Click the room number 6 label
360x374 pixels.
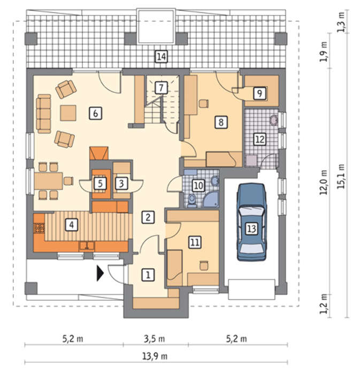96,113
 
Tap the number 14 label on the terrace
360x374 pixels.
161,57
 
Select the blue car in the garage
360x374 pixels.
251,222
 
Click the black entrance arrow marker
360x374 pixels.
100,273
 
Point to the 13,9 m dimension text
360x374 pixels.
155,356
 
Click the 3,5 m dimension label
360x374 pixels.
154,339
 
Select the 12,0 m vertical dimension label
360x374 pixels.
324,183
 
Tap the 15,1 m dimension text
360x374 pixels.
341,176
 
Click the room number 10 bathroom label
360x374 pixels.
198,185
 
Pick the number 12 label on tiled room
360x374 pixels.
260,139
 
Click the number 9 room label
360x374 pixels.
259,93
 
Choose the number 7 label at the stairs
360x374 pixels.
161,88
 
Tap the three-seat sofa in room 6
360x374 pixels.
44,113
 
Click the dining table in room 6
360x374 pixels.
49,181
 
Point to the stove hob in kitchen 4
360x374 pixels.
39,228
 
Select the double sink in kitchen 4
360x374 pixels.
87,245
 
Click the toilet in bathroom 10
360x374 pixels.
192,200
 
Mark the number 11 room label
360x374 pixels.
195,242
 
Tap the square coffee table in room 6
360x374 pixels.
68,113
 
